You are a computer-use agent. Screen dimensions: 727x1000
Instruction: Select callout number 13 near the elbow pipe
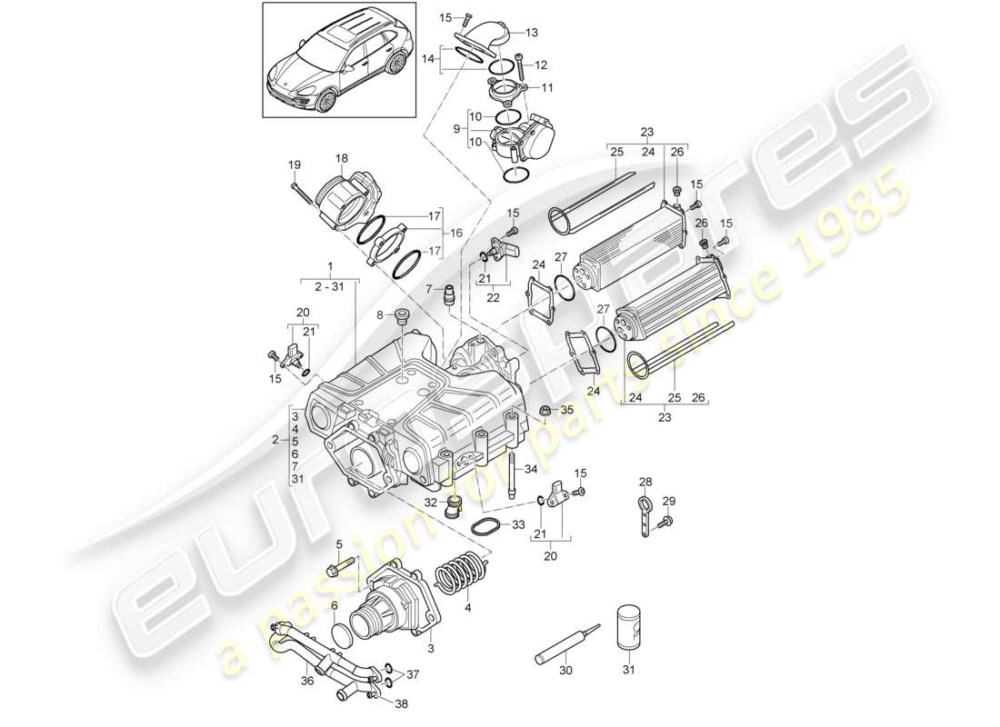coord(531,33)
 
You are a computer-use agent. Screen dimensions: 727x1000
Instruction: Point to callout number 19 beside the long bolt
coord(294,164)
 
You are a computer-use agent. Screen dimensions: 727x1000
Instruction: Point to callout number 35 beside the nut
coord(567,411)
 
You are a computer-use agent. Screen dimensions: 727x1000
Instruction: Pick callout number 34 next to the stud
coord(531,469)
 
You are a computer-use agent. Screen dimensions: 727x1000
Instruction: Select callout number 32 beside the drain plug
coord(431,501)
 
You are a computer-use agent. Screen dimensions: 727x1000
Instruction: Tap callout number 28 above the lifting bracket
coord(645,481)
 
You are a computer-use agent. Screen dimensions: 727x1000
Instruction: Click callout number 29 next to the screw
coord(669,502)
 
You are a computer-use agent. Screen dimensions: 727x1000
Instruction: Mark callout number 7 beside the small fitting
coord(428,289)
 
